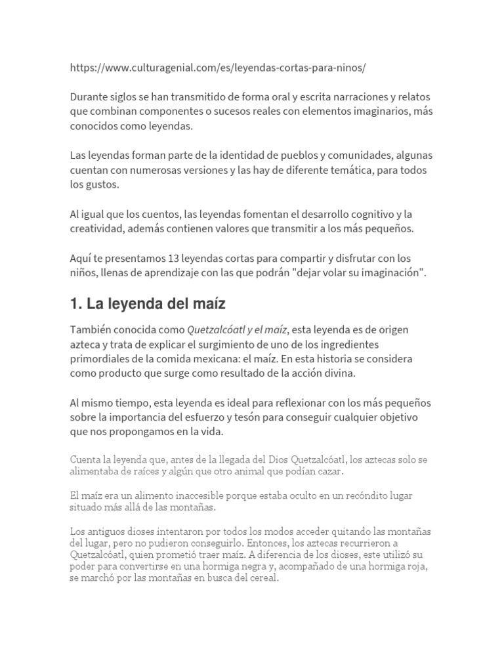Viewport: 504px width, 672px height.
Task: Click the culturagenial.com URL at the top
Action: pyautogui.click(x=217, y=68)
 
